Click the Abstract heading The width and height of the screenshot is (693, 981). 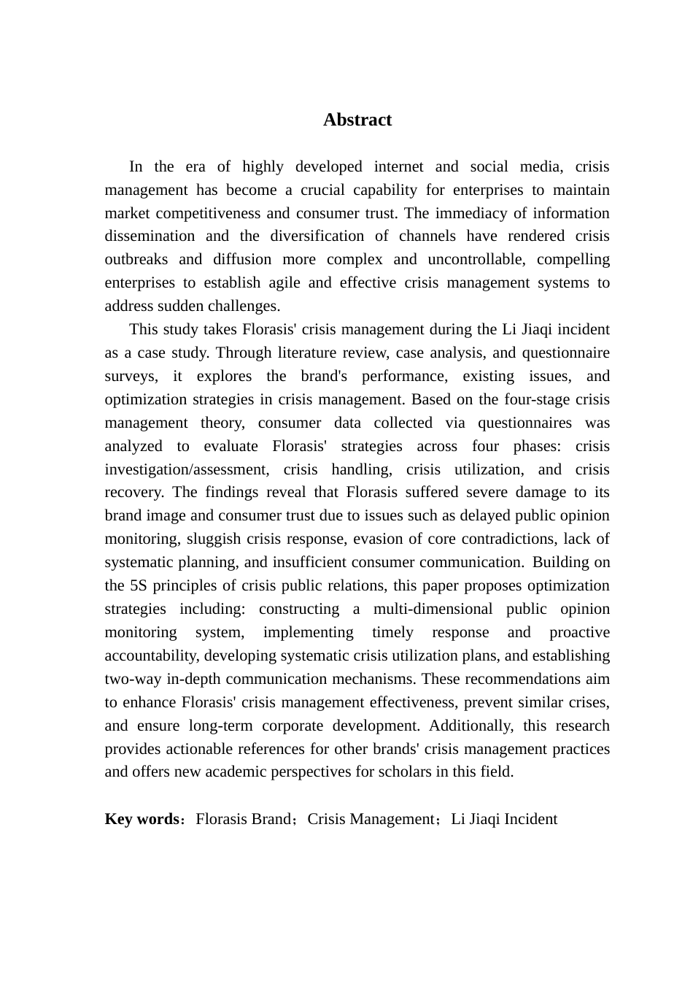tap(357, 120)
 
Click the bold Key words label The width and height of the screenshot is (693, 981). tap(142, 819)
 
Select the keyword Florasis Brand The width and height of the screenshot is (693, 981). tap(243, 819)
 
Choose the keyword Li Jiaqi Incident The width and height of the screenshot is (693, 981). tap(504, 819)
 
